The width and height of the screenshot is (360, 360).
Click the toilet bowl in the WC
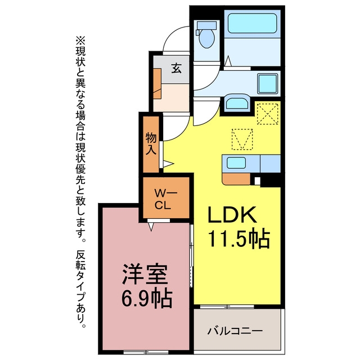click(206, 38)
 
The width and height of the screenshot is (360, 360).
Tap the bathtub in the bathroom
click(252, 23)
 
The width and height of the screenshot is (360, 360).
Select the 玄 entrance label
click(177, 68)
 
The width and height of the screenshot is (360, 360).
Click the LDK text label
click(232, 215)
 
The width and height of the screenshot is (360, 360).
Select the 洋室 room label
click(144, 274)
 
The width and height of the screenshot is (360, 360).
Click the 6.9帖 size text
click(147, 299)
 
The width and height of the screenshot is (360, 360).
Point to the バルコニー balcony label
click(235, 331)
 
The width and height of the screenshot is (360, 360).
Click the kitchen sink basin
click(236, 163)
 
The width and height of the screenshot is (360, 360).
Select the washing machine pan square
click(268, 84)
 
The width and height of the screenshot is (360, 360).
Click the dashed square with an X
click(268, 114)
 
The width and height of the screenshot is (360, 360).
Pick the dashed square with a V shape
click(242, 139)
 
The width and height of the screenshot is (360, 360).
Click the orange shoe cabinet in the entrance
click(157, 84)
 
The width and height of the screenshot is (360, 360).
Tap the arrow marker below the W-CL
click(151, 226)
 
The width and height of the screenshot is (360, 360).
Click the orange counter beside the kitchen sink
click(236, 179)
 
